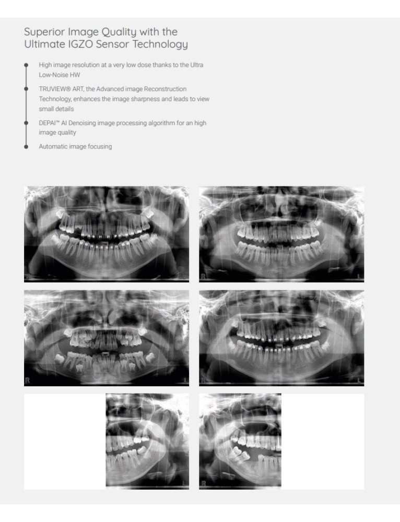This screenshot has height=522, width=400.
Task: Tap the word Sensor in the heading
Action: tap(112, 44)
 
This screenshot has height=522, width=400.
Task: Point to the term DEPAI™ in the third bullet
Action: tap(49, 123)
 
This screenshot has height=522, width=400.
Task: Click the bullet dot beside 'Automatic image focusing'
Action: tap(26, 147)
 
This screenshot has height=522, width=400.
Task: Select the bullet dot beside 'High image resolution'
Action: tap(26, 65)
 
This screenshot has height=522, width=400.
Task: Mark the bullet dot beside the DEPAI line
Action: tap(26, 123)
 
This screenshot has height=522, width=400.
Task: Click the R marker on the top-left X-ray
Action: tap(28, 276)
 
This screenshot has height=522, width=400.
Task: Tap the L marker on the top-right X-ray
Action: tap(359, 277)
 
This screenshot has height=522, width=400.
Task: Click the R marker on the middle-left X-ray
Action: tap(27, 380)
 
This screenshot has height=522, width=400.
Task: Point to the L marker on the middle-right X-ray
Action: tap(359, 381)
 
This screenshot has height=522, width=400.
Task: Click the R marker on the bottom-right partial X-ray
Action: tap(204, 483)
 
